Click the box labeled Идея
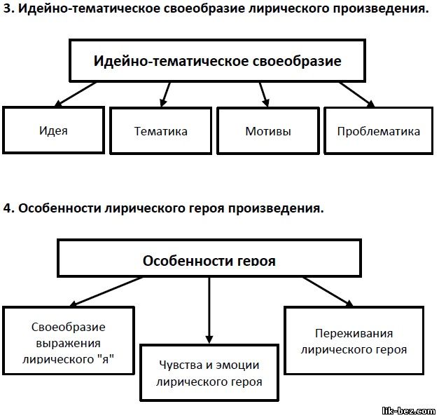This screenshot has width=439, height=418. pyautogui.click(x=53, y=130)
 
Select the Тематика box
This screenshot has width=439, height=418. pyautogui.click(x=161, y=130)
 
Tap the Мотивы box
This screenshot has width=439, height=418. pyautogui.click(x=268, y=130)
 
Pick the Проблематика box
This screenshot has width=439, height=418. pyautogui.click(x=379, y=130)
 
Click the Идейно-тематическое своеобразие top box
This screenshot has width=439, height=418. pyautogui.click(x=218, y=60)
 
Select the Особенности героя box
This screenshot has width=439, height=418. pyautogui.click(x=209, y=258)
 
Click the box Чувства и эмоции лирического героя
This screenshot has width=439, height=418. pyautogui.click(x=209, y=373)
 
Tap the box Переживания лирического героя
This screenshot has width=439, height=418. pyautogui.click(x=354, y=341)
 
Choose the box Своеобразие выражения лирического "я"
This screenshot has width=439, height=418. pyautogui.click(x=69, y=341)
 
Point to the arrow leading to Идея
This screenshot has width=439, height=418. pyautogui.click(x=76, y=94)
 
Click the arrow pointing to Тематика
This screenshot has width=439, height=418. pyautogui.click(x=166, y=94)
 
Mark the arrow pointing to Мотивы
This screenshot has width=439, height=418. pyautogui.click(x=264, y=94)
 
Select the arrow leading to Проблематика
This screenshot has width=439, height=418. pyautogui.click(x=357, y=94)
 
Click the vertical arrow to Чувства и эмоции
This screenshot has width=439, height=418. pyautogui.click(x=209, y=311)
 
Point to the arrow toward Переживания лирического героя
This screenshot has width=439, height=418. pyautogui.click(x=328, y=292)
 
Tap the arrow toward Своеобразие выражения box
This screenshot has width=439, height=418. pyautogui.click(x=106, y=292)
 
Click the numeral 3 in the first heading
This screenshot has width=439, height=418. pyautogui.click(x=8, y=8)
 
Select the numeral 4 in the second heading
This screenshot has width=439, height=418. pyautogui.click(x=8, y=208)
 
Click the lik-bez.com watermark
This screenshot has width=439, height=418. pyautogui.click(x=409, y=411)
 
